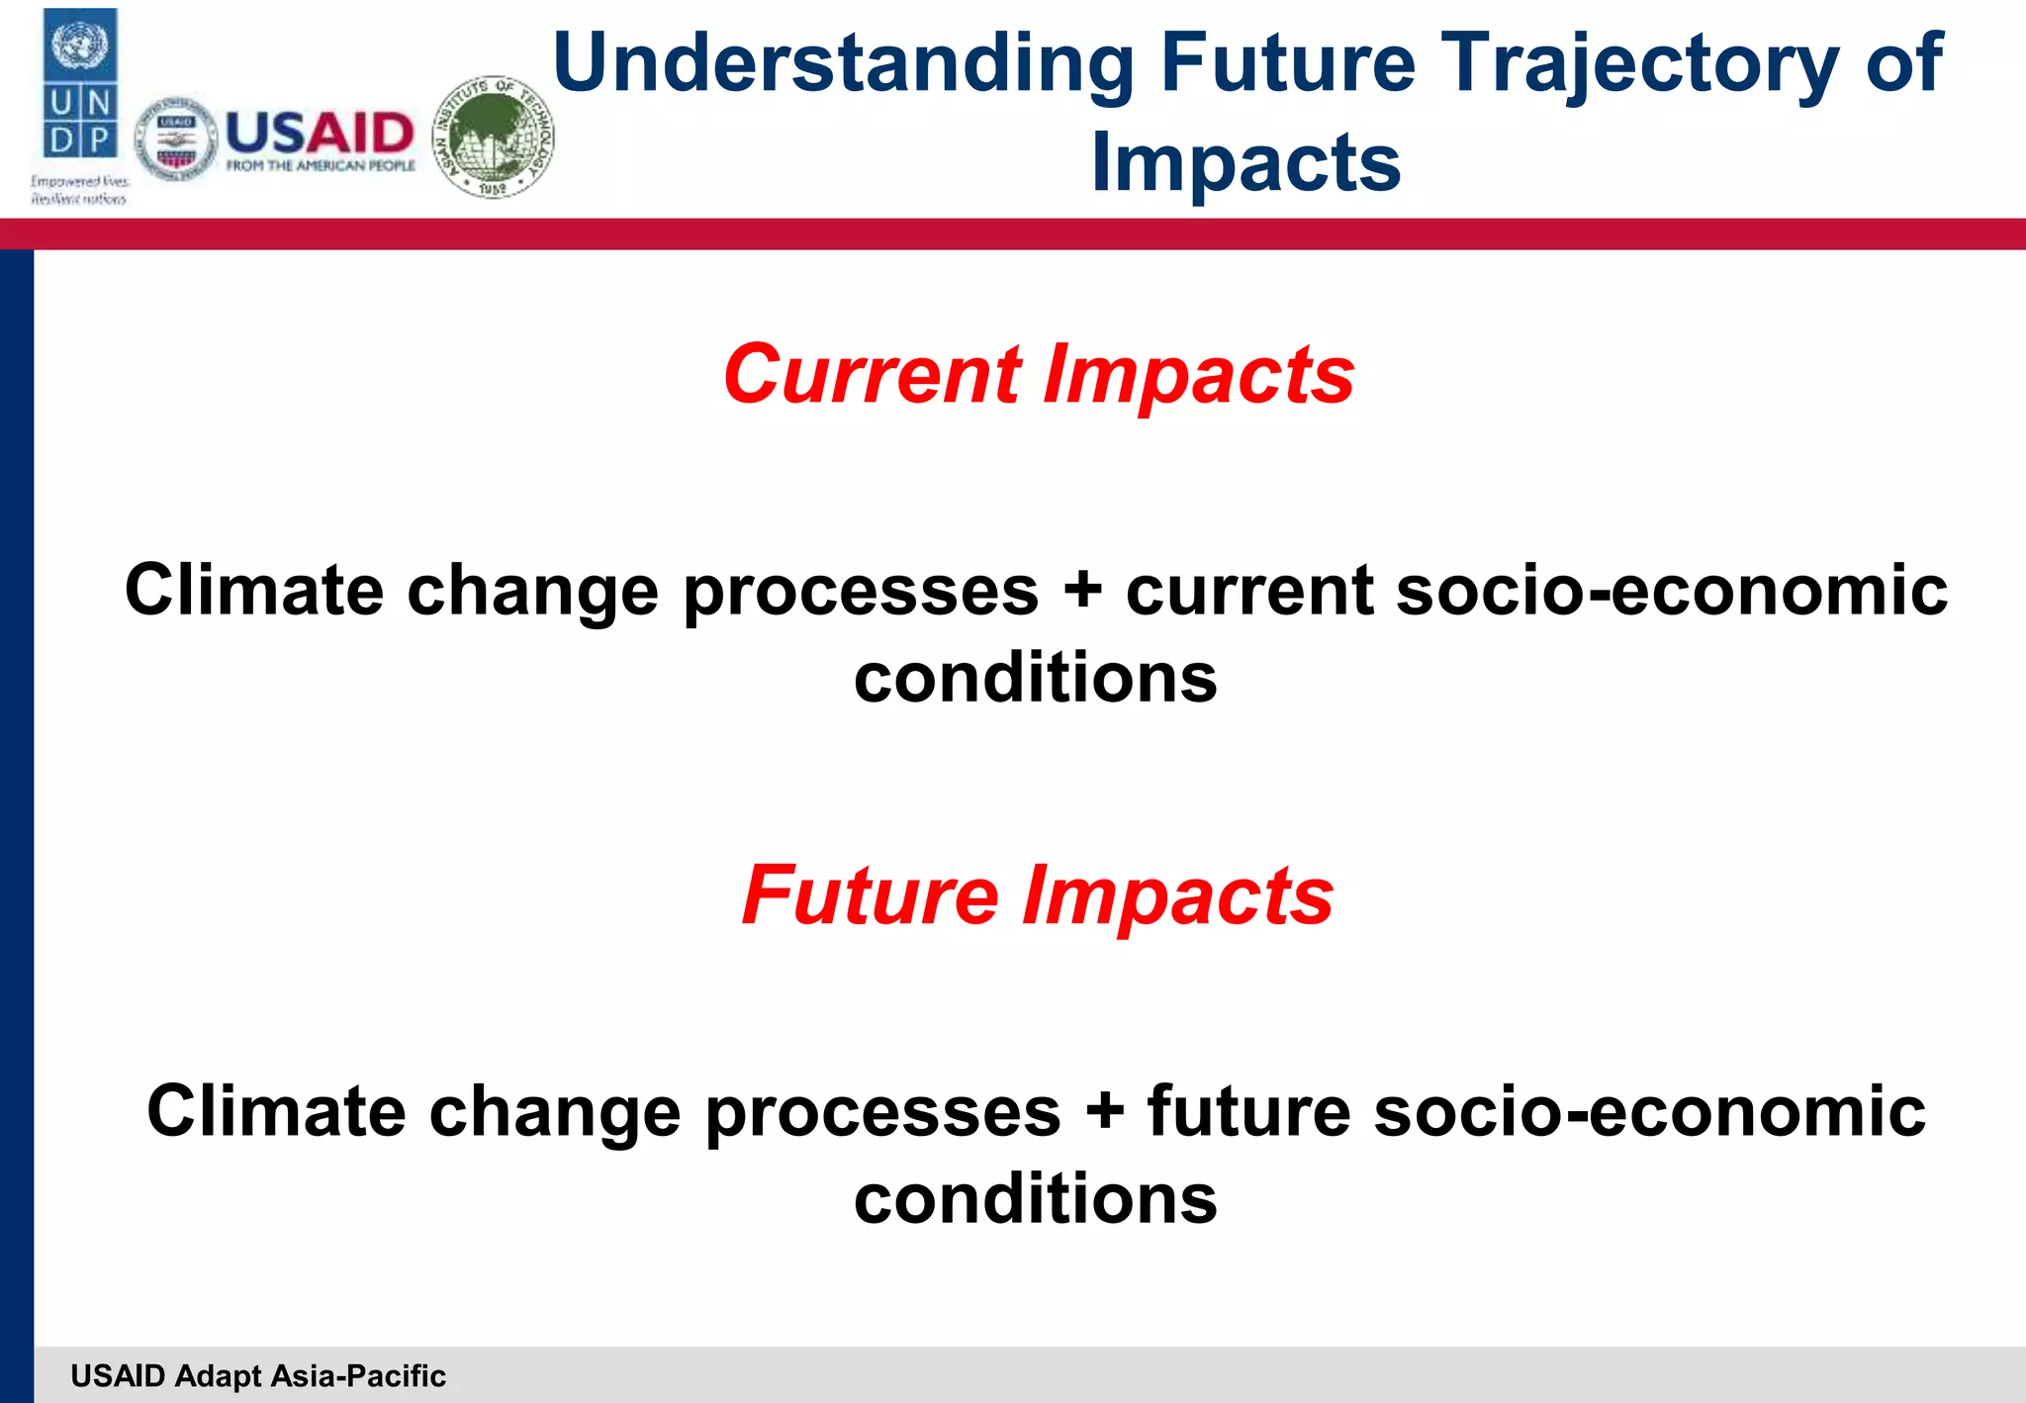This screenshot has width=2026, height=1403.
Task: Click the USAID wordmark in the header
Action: tap(320, 133)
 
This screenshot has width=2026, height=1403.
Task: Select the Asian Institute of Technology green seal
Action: tap(494, 137)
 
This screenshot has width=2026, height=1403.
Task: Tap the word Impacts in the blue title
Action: tap(1245, 163)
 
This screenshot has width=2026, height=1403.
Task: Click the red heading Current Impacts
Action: tap(1038, 375)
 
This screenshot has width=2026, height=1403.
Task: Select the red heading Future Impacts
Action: tap(1038, 895)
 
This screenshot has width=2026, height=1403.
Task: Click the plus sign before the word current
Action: tap(1083, 591)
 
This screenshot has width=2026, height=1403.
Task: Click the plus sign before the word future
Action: tap(1105, 1111)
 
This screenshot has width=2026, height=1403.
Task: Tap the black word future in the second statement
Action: tap(1249, 1111)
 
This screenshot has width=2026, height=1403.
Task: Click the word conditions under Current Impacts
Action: tap(1036, 679)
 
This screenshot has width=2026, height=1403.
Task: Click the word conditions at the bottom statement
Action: tap(1036, 1199)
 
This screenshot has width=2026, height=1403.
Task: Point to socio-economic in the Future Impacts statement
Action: tap(1649, 1111)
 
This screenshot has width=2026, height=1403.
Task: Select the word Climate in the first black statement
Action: tap(253, 591)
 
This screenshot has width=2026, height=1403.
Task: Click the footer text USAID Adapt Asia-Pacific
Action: tap(258, 1376)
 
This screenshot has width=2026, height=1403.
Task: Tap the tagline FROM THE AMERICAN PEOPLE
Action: tap(321, 166)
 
